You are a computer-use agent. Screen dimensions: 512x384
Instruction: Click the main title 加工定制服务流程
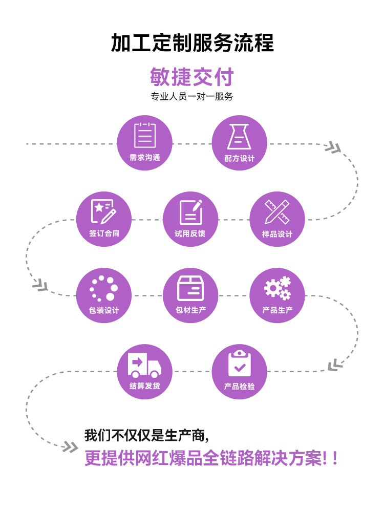(192, 42)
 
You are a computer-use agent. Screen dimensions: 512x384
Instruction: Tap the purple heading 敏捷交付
(192, 77)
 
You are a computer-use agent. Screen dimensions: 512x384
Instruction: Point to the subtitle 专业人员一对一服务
(192, 97)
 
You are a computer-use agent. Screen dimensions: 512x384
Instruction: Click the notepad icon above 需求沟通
(145, 135)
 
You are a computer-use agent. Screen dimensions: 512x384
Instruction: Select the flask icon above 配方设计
(239, 136)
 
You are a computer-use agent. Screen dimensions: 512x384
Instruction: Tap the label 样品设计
(277, 234)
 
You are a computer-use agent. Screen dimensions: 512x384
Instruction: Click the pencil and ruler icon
(277, 211)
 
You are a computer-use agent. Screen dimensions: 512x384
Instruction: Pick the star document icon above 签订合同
(103, 211)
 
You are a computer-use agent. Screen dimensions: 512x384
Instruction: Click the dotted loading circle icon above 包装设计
(103, 288)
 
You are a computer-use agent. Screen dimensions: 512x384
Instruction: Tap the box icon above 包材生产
(190, 288)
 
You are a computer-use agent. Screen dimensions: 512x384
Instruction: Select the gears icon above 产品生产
(277, 288)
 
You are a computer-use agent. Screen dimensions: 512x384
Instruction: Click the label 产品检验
(239, 386)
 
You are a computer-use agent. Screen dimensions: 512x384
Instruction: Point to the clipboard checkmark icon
(239, 362)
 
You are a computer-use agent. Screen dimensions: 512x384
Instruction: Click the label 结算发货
(145, 386)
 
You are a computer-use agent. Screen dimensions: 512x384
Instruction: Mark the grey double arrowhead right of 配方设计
(333, 147)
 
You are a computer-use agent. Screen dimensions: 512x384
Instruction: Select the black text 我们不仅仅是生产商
(146, 436)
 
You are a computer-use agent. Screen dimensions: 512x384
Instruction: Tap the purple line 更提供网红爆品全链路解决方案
(211, 457)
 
